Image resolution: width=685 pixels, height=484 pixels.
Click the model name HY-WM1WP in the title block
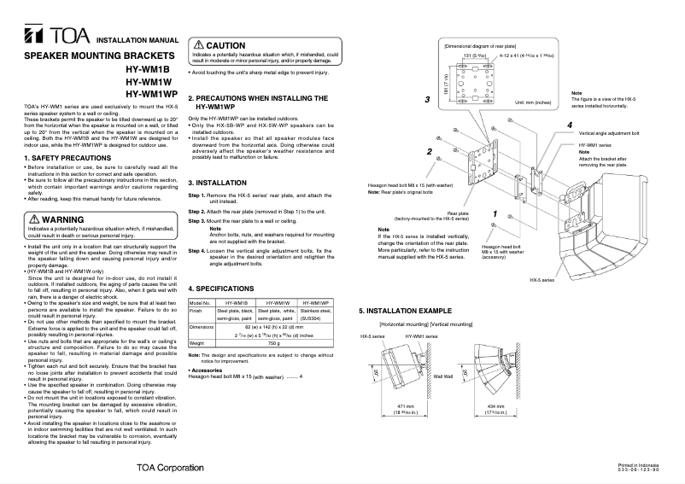(153, 93)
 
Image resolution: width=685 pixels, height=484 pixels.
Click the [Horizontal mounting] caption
(405, 324)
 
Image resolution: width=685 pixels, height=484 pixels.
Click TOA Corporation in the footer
(170, 468)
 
